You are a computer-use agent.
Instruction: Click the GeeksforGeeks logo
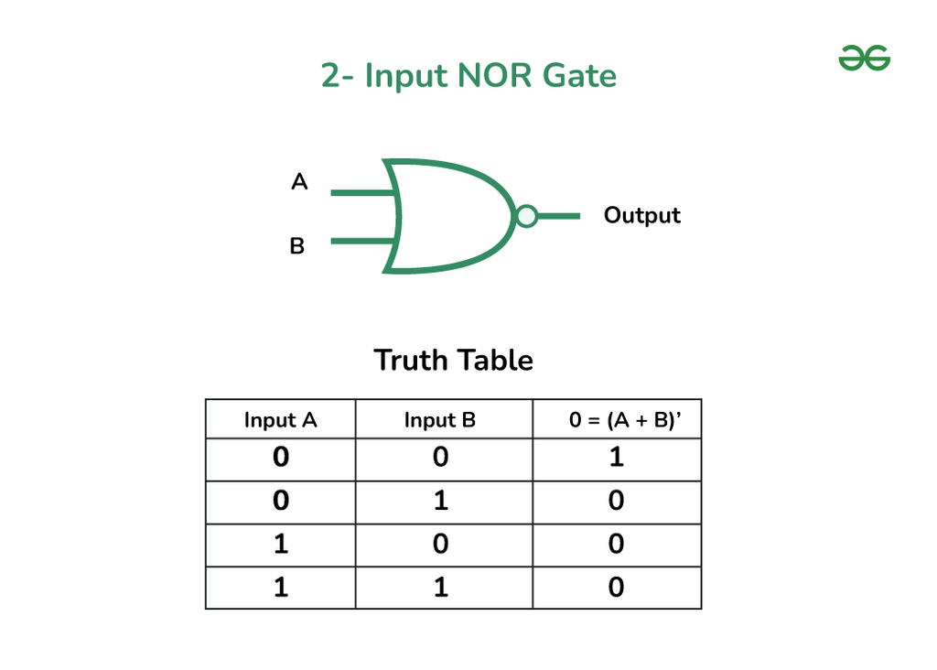pos(864,60)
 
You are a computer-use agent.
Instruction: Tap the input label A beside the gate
pos(299,182)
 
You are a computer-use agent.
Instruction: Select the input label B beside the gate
pos(297,246)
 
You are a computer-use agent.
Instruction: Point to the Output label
pos(642,216)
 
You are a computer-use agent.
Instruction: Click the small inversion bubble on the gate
pos(526,216)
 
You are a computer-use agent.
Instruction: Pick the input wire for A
pos(361,193)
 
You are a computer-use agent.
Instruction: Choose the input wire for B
pos(361,242)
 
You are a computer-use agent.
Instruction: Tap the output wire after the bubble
pos(558,216)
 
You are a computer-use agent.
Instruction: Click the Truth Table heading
pos(453,360)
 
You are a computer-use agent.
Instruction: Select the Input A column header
pos(280,420)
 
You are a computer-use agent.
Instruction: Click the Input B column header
pos(440,420)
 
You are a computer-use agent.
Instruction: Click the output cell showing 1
pos(617,457)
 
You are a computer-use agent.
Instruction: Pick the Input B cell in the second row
pos(440,501)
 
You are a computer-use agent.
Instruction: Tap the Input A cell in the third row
pos(280,544)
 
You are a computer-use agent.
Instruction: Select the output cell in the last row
pos(617,587)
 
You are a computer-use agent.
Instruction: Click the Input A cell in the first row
pos(280,457)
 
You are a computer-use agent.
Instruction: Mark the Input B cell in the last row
pos(440,587)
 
